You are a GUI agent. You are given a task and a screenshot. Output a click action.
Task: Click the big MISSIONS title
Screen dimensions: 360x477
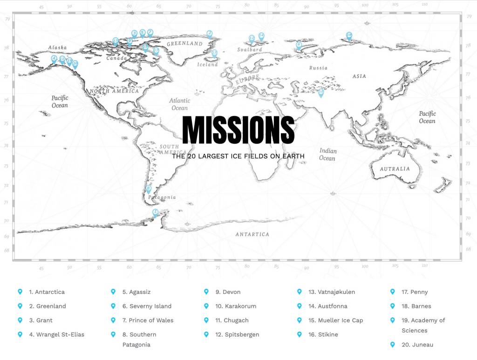tap(238, 130)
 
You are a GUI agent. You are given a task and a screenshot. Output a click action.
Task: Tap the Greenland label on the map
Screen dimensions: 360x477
tap(184, 44)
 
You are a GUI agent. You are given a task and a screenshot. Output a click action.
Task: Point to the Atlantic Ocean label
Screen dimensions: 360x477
tap(179, 104)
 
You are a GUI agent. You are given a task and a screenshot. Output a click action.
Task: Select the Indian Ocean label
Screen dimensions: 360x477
tap(327, 155)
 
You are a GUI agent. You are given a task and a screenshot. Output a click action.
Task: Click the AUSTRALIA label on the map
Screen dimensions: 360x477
tap(395, 169)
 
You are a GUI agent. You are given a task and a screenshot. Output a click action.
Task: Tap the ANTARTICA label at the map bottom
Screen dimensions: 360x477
tap(252, 234)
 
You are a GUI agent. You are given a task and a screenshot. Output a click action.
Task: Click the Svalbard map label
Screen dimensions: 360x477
tap(249, 50)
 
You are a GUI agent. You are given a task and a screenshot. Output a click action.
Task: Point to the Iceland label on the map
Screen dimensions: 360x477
tap(207, 65)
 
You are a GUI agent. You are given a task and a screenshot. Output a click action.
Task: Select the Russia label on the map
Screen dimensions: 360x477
tap(318, 68)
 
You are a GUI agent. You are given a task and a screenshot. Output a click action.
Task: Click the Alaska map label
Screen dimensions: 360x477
tap(57, 48)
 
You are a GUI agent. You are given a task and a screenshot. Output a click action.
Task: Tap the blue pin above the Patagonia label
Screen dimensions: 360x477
tap(149, 189)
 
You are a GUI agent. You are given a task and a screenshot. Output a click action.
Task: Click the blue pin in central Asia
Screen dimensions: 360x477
tap(320, 93)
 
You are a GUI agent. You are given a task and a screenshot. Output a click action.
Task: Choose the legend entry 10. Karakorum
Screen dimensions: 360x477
tap(240, 306)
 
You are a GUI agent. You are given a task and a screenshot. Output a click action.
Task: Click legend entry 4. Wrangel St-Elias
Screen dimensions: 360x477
tap(56, 334)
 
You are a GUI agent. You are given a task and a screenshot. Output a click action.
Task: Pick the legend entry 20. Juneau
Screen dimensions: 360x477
tap(417, 345)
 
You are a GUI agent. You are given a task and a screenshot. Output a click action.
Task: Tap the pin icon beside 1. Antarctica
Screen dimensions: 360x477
tap(20, 292)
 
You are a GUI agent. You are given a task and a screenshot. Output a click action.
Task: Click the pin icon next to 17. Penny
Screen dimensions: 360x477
tap(392, 292)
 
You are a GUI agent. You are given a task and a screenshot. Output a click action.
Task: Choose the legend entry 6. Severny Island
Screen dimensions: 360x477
tap(147, 306)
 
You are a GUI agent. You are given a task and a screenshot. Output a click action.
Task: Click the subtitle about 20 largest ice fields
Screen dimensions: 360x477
tap(238, 156)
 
